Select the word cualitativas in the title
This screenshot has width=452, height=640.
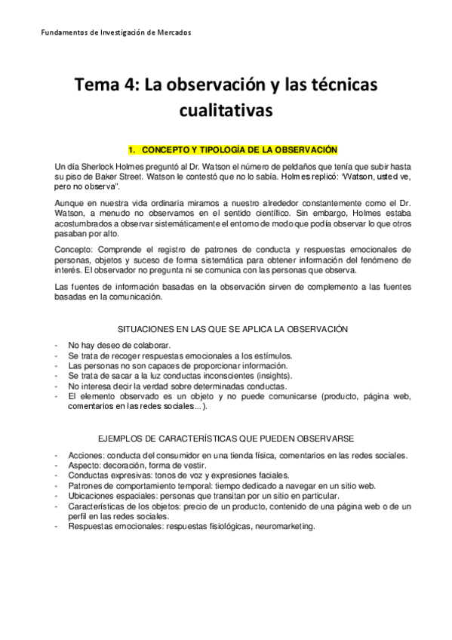[226, 112]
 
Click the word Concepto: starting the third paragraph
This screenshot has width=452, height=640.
[75, 250]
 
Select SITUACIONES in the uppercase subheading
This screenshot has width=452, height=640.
[151, 328]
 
